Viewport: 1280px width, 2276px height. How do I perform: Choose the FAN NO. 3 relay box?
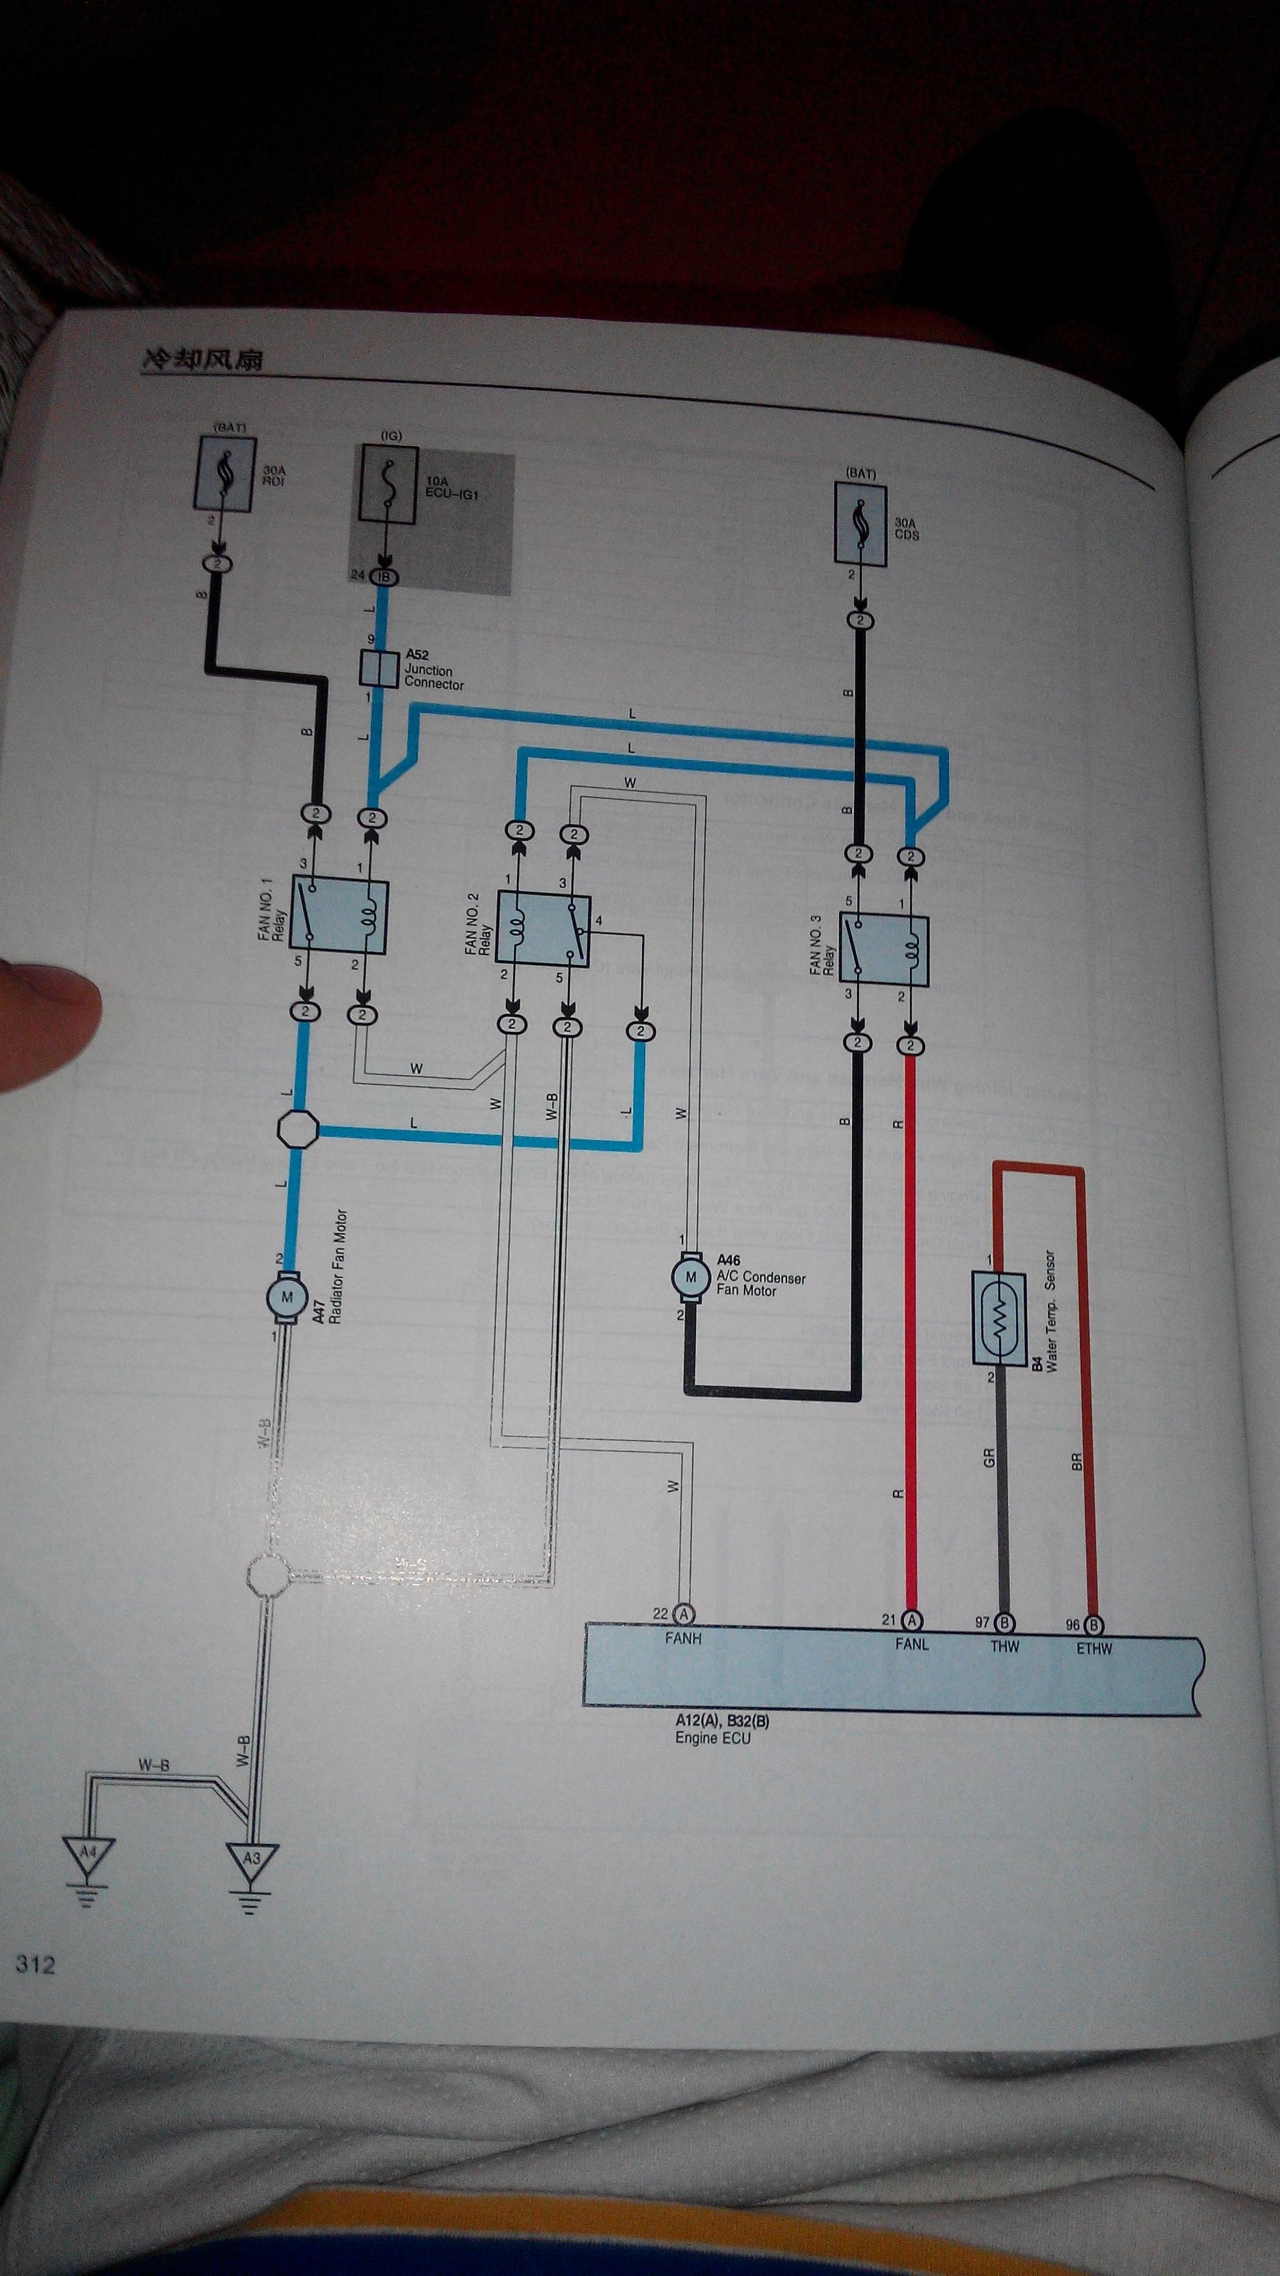pyautogui.click(x=883, y=950)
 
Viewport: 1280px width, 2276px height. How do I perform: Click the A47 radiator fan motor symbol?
pyautogui.click(x=287, y=1298)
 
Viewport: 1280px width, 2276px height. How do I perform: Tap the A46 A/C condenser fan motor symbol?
pyautogui.click(x=691, y=1277)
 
